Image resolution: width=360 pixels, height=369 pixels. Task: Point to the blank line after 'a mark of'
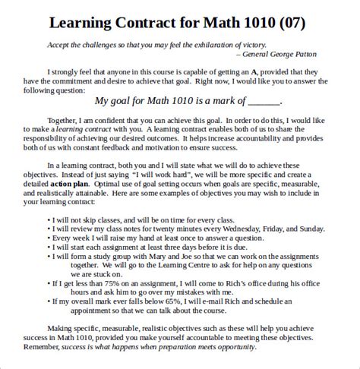tap(264, 100)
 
